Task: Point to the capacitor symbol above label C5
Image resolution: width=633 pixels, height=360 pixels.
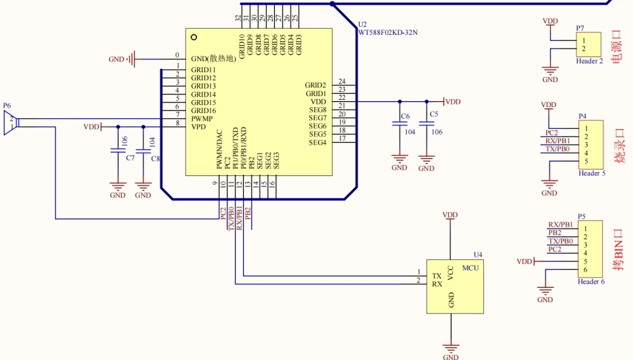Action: coord(427,124)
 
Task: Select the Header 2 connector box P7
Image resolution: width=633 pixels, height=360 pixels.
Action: coord(590,45)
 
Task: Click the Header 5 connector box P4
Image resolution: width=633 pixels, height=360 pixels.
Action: coord(590,145)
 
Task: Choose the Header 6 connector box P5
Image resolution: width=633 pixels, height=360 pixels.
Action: coord(590,249)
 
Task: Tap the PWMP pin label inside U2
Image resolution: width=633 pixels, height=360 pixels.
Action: coord(202,118)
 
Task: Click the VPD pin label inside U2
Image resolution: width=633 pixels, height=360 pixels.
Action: coord(199,126)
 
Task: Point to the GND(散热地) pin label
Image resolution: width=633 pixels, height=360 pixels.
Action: coord(213,58)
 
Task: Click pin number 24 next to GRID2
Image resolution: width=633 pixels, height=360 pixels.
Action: coord(342,81)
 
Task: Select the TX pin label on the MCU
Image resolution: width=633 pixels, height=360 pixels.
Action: coord(436,275)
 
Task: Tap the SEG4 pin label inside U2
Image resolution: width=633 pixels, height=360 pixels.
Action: coord(317,143)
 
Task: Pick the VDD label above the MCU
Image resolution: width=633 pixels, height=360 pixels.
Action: coord(450,215)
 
